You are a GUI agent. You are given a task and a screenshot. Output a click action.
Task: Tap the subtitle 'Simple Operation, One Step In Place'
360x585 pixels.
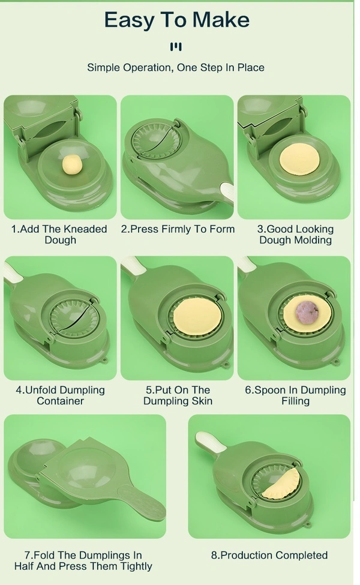176,67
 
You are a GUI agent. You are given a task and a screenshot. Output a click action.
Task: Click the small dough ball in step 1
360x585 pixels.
72,164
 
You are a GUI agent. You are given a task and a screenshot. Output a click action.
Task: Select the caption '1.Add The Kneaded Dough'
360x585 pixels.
60,234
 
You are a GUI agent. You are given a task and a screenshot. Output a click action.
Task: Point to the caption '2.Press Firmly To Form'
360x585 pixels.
178,229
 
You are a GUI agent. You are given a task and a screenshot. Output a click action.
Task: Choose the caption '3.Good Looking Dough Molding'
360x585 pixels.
295,234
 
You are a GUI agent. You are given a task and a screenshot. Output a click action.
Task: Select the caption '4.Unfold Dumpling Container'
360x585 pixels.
60,395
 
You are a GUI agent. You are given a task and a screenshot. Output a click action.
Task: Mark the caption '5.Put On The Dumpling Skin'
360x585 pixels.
178,395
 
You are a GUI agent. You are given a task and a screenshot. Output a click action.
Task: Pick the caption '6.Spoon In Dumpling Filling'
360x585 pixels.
295,395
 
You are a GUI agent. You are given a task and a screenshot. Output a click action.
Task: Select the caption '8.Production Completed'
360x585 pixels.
269,555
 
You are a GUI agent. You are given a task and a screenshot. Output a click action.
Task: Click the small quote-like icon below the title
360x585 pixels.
176,46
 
